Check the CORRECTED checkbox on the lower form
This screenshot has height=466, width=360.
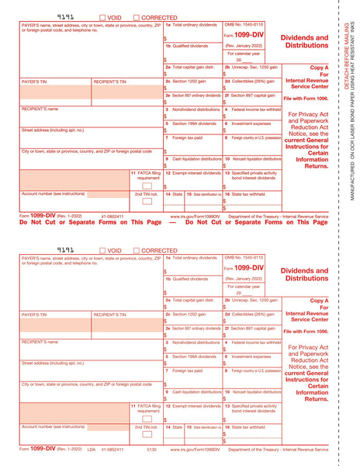(137, 251)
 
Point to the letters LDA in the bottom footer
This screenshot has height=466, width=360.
(91, 450)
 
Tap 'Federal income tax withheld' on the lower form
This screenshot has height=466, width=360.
(255, 342)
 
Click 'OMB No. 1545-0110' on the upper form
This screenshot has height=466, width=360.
(244, 25)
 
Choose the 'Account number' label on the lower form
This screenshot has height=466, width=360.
(54, 426)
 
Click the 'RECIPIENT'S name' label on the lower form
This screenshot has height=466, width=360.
(40, 342)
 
